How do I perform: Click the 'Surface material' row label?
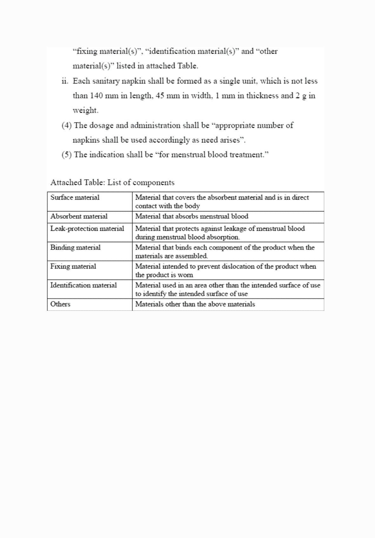tap(75, 197)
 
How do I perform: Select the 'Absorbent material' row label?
tap(79, 216)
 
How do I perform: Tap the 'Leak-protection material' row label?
tap(87, 229)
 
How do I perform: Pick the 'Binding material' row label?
tap(76, 248)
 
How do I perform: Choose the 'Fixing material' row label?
tap(73, 266)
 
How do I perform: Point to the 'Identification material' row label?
tap(84, 285)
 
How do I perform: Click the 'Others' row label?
tap(60, 304)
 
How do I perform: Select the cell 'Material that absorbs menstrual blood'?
tap(192, 216)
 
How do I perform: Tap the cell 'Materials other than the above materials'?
tap(195, 304)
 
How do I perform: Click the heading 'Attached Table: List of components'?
tap(112, 183)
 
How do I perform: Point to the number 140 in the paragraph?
tap(97, 96)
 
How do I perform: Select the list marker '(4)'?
tap(67, 125)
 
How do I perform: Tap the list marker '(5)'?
tap(67, 155)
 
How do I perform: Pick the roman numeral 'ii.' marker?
tap(65, 81)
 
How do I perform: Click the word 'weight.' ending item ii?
tap(85, 110)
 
